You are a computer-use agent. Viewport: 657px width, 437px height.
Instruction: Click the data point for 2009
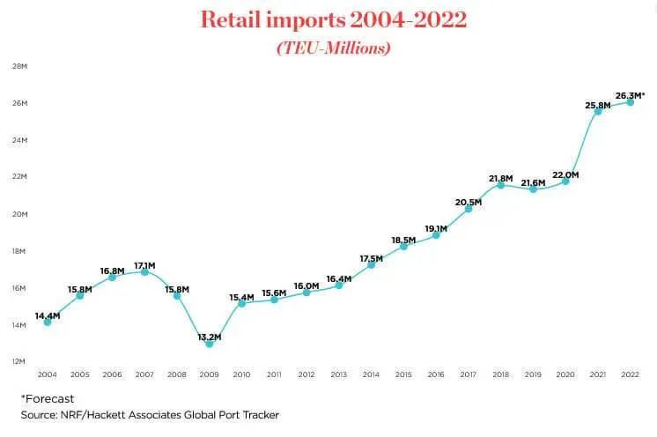(209, 343)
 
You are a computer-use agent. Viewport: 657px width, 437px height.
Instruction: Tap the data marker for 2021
(598, 111)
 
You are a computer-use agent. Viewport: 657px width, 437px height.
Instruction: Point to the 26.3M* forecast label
(630, 95)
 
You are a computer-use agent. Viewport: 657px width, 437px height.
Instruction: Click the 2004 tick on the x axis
(47, 374)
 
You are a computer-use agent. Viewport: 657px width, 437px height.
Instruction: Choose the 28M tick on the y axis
(17, 66)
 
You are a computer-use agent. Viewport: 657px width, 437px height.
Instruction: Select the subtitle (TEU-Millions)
(333, 48)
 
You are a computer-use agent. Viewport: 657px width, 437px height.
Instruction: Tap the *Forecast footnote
(48, 397)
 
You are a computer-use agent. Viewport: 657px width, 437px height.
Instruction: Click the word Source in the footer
(39, 414)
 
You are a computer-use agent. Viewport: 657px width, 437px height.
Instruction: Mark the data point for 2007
(144, 271)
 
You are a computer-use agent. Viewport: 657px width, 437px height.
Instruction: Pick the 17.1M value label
(144, 264)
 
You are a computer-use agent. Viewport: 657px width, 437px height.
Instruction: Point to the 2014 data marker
(371, 264)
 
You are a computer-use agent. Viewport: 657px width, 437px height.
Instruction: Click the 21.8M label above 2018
(501, 179)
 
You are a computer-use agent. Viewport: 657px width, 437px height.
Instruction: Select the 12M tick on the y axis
(17, 361)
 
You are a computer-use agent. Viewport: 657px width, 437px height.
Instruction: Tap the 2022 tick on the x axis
(631, 374)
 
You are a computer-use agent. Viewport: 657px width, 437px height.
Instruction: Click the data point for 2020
(565, 181)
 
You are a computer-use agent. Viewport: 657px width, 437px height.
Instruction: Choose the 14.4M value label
(48, 315)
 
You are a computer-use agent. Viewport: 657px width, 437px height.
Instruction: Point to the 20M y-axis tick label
(17, 214)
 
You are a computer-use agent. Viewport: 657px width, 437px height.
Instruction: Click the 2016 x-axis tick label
(436, 374)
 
